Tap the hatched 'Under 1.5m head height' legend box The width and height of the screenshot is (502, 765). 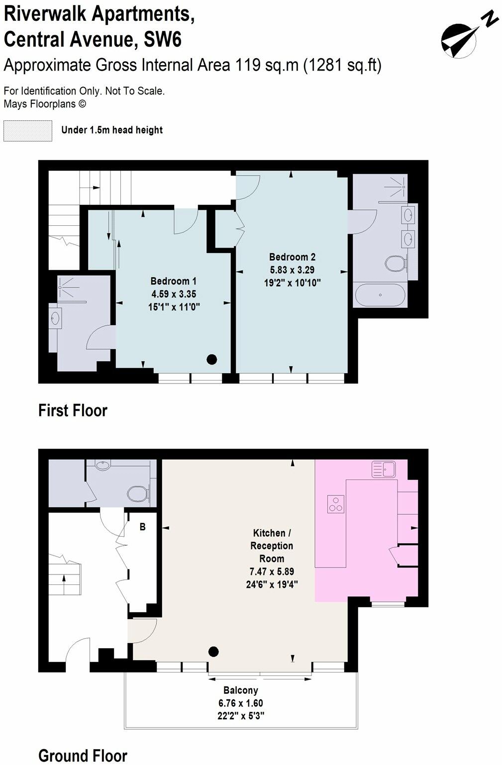click(x=28, y=131)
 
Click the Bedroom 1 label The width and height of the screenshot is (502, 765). click(x=174, y=281)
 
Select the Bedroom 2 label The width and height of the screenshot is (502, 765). click(x=292, y=257)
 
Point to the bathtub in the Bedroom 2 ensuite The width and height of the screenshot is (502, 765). click(x=380, y=295)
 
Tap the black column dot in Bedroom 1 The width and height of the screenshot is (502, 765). click(x=212, y=359)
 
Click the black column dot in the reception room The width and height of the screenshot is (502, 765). click(x=213, y=651)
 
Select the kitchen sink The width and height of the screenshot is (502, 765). click(x=383, y=469)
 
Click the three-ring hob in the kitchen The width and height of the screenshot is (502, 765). click(x=335, y=504)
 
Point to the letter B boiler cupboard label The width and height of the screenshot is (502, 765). click(x=142, y=527)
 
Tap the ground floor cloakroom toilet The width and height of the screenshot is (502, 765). click(x=137, y=493)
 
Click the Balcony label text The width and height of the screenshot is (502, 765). click(x=241, y=690)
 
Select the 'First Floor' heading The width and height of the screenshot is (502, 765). click(x=73, y=410)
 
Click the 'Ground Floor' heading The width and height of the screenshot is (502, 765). click(x=83, y=756)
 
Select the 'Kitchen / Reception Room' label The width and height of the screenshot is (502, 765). click(x=272, y=546)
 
